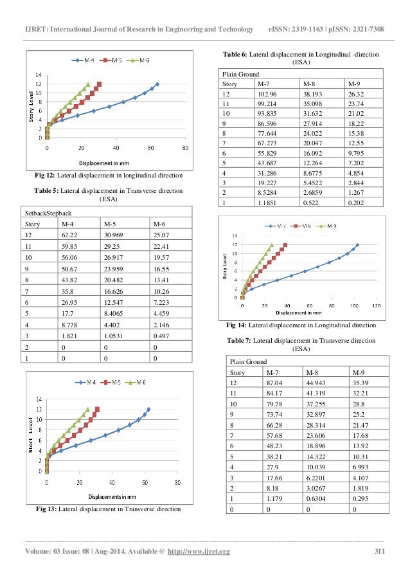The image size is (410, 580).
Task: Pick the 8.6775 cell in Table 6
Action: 316,174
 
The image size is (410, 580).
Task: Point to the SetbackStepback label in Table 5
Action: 48,212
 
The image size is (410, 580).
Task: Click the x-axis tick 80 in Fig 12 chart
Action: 185,147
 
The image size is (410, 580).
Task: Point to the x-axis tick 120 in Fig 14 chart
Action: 376,305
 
